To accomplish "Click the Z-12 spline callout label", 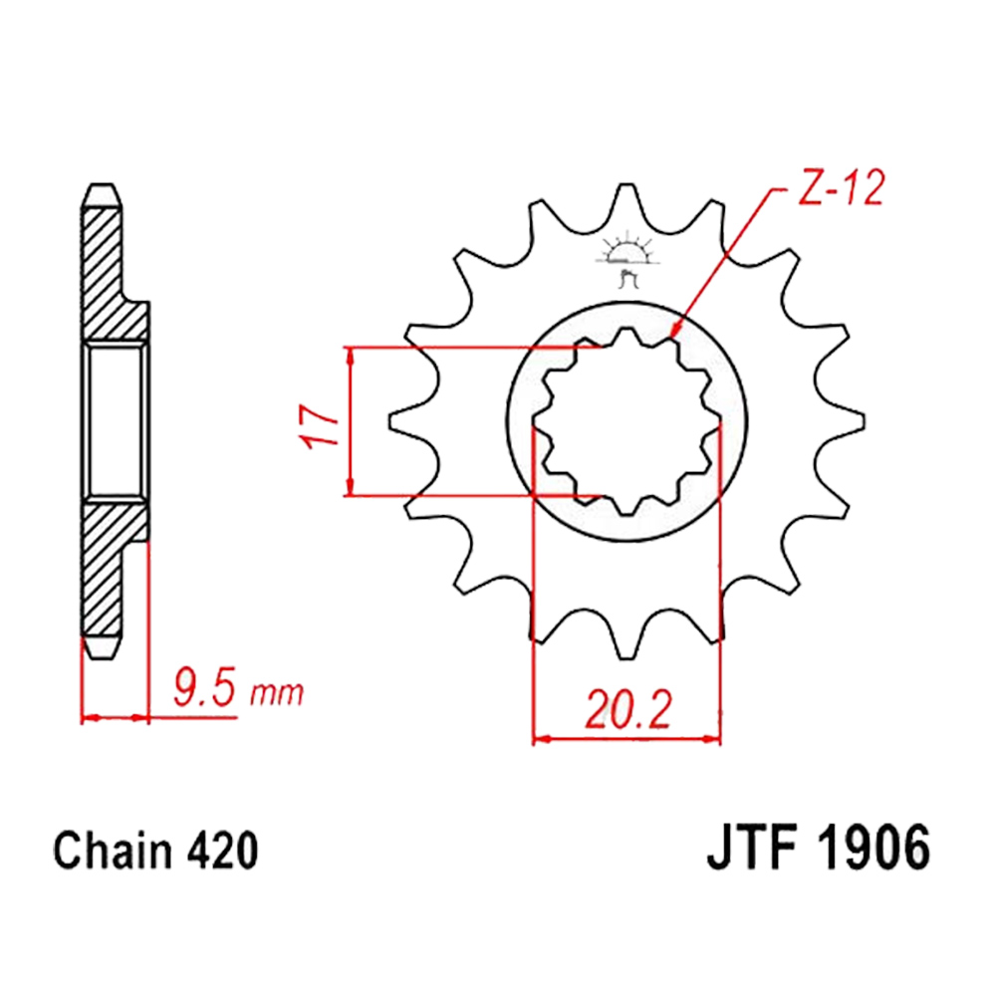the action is tap(840, 187).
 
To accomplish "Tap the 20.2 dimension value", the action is tap(627, 709).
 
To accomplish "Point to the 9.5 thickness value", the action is tap(204, 689).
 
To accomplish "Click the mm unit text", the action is tap(276, 694).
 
